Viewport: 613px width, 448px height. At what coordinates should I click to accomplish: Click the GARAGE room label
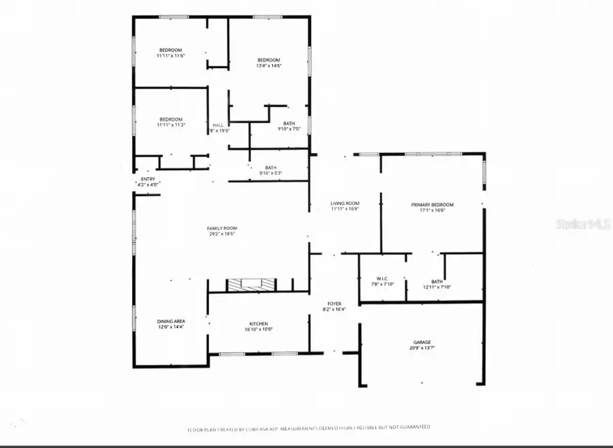[422, 343]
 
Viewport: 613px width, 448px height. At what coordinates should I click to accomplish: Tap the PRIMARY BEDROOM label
[432, 204]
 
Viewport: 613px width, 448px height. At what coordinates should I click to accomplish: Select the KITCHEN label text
[257, 323]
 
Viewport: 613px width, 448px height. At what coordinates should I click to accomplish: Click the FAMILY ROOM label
[222, 228]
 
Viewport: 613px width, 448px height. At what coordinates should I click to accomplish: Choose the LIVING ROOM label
[345, 204]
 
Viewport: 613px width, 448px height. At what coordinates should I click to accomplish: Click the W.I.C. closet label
[381, 279]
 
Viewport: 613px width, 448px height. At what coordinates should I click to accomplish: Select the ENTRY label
[148, 179]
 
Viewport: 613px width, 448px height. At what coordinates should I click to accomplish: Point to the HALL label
[218, 125]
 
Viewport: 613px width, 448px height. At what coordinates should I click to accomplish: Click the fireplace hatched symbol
[252, 285]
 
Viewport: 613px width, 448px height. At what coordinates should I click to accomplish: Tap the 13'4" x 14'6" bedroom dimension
[269, 66]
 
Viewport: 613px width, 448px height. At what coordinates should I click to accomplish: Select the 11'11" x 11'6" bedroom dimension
[170, 56]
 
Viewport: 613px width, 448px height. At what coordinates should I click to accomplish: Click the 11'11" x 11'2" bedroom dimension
[170, 125]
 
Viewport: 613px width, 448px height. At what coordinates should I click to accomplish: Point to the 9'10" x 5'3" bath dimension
[270, 173]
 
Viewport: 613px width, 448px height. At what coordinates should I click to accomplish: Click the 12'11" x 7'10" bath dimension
[437, 287]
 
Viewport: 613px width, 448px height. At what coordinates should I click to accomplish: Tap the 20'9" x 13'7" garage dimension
[422, 349]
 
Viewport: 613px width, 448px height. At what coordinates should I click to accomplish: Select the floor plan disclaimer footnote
[309, 428]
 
